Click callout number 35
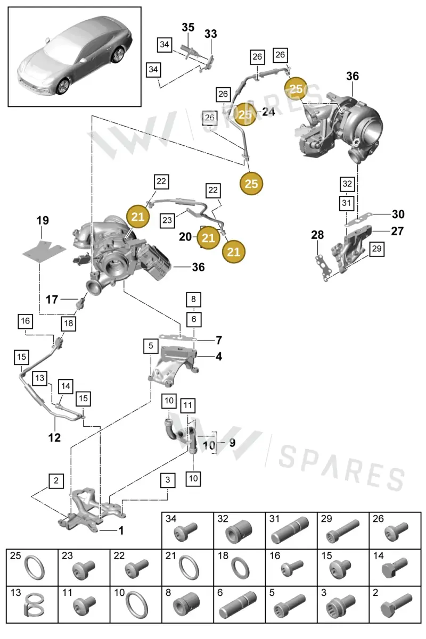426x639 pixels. point(188,27)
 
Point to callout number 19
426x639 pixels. point(43,220)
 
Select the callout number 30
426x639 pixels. point(398,214)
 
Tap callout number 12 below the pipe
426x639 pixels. point(54,437)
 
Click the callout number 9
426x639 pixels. point(232,443)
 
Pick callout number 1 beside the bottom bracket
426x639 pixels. point(121,530)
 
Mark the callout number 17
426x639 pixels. point(52,300)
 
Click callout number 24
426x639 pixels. point(268,112)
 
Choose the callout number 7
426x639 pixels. point(219,340)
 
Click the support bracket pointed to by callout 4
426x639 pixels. point(173,366)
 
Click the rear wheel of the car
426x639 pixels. point(117,55)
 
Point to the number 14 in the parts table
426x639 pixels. point(378,555)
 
